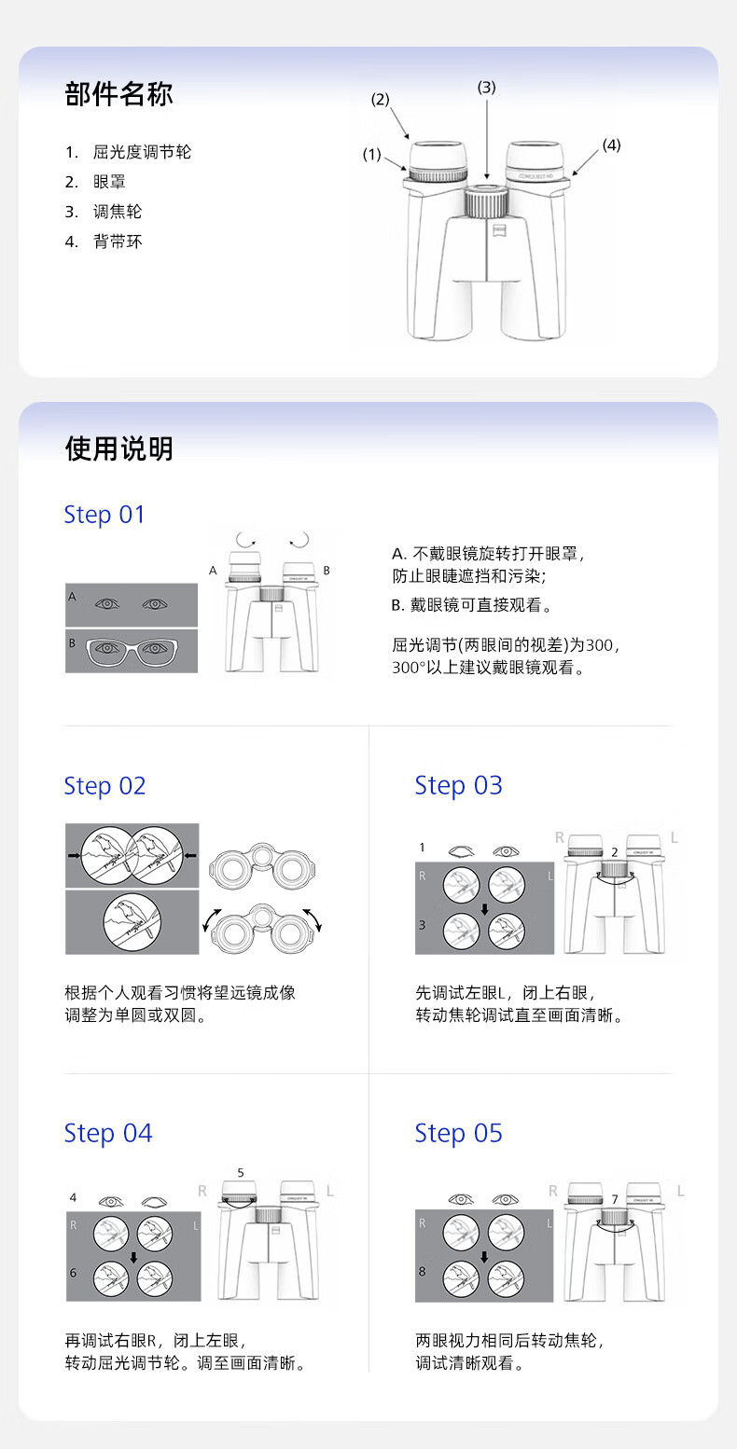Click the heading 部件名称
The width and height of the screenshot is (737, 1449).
[119, 94]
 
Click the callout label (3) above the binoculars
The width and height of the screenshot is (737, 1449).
[487, 87]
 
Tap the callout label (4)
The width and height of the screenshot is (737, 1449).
[611, 145]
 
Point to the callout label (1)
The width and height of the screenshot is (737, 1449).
[371, 155]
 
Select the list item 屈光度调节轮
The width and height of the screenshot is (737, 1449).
[142, 152]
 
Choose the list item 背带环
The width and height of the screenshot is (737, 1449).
[118, 241]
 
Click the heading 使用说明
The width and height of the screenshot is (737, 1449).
[119, 448]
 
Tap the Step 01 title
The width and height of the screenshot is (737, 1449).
[104, 515]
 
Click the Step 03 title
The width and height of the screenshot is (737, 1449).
[458, 785]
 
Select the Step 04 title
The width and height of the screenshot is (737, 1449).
[108, 1133]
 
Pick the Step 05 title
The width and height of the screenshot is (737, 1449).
[458, 1133]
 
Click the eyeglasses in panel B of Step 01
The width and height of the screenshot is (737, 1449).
[132, 651]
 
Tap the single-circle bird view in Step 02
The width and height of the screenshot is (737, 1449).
[132, 922]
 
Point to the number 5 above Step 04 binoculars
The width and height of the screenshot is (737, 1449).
[241, 1173]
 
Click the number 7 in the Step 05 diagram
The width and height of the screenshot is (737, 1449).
[615, 1199]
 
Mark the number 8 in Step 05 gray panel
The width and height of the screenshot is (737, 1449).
[422, 1271]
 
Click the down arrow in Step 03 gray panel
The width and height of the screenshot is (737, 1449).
[484, 909]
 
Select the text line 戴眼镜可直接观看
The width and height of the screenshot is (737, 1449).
[476, 605]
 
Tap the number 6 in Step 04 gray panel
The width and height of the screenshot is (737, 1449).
[73, 1273]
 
